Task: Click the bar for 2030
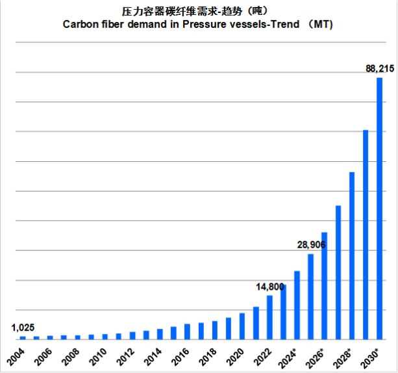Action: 379,208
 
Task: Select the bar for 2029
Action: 366,234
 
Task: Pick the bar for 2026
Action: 325,285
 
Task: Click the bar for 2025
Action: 310,296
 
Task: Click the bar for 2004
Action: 23,337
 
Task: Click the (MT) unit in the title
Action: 323,24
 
